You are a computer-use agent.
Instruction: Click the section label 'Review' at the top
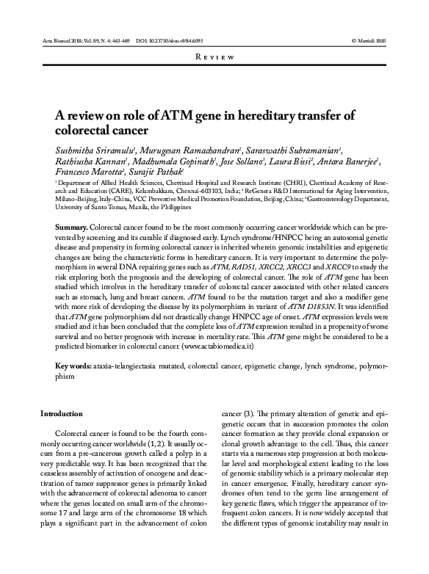tap(214, 57)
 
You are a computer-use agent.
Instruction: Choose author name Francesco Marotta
tap(86, 176)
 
